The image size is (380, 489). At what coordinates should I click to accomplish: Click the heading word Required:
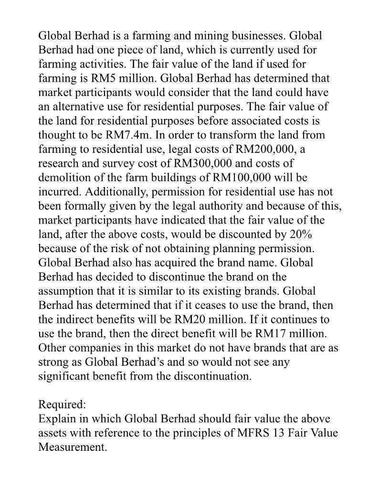coord(62,404)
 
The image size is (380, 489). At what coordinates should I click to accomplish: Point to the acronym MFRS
coord(261,433)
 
